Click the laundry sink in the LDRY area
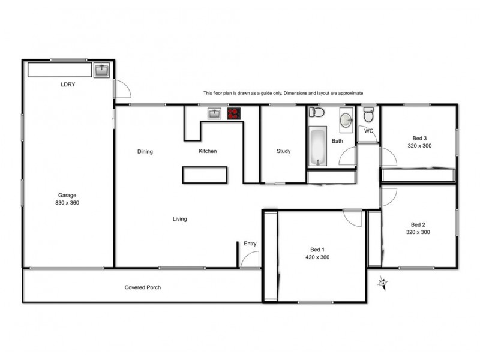tap(101, 71)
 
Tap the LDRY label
tap(68, 85)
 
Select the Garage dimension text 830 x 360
tap(67, 203)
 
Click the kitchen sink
tap(215, 113)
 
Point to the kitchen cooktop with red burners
tap(233, 113)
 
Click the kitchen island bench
tap(205, 174)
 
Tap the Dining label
tap(145, 152)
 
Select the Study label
tap(283, 151)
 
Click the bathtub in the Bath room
tap(317, 146)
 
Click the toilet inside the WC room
tap(368, 114)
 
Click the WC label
tap(369, 131)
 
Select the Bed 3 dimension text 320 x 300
tap(419, 146)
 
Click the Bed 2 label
tap(418, 224)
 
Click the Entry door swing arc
tap(250, 259)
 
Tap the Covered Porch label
tap(143, 287)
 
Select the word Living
tap(180, 219)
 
